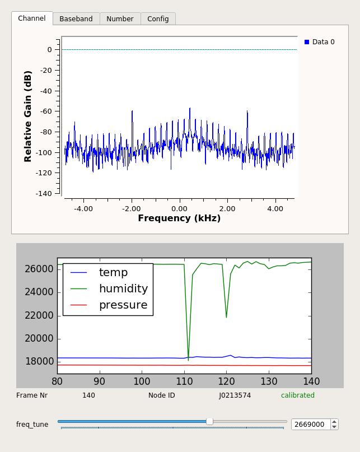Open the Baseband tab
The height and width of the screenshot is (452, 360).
click(x=76, y=19)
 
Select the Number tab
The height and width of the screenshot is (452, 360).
click(x=120, y=19)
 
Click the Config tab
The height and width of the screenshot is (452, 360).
click(x=158, y=19)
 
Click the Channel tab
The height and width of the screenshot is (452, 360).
click(x=32, y=18)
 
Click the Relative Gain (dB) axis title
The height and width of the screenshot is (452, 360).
click(x=28, y=116)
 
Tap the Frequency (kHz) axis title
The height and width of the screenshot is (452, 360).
click(x=179, y=218)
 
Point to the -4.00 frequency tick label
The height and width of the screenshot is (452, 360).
click(x=83, y=208)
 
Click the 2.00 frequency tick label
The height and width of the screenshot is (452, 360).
click(x=227, y=208)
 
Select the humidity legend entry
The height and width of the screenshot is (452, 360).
click(x=123, y=289)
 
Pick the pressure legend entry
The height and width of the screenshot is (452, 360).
click(x=123, y=305)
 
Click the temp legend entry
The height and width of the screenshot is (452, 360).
click(x=113, y=273)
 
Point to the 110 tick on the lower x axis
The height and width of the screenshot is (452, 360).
click(x=184, y=381)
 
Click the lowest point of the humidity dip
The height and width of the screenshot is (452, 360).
click(x=188, y=360)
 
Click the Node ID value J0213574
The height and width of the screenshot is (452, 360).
click(x=235, y=395)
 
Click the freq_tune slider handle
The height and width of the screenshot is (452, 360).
click(x=209, y=421)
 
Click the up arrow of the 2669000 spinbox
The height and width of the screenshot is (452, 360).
click(x=334, y=422)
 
